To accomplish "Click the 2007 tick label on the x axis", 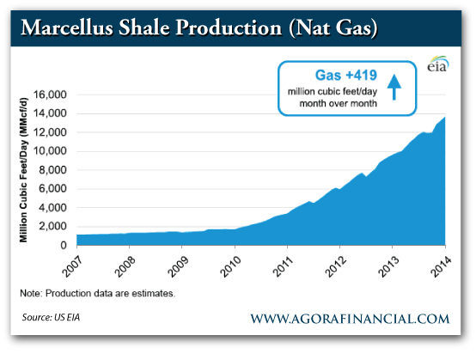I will click(x=77, y=260).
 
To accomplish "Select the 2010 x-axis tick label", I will click(x=235, y=260).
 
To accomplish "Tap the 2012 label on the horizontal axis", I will click(x=340, y=260).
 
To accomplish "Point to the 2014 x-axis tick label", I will click(x=445, y=260).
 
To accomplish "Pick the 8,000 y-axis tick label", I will click(x=53, y=170).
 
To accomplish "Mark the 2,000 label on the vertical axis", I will click(x=53, y=227).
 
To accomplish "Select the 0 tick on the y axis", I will click(x=64, y=246).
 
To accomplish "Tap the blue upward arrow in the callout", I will click(x=394, y=87).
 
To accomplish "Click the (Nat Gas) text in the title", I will click(x=338, y=27).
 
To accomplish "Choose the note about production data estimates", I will click(x=97, y=293).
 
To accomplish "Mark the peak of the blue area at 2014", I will click(x=444, y=117).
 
